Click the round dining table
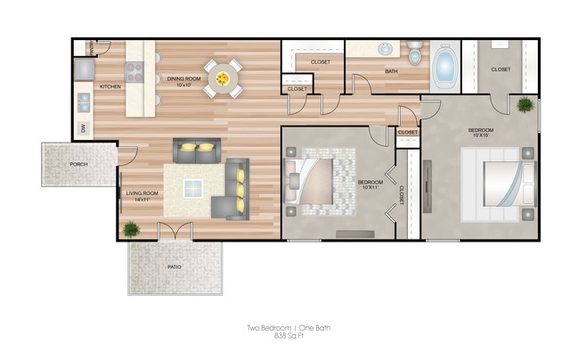[x=222, y=77]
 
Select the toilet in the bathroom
[x=414, y=53]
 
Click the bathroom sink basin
[x=387, y=48]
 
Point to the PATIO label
[x=175, y=266]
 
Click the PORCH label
[x=78, y=165]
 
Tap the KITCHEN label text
[x=110, y=86]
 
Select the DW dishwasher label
[x=83, y=129]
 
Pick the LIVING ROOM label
[x=141, y=193]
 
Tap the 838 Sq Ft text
[x=289, y=337]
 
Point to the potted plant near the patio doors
[x=131, y=229]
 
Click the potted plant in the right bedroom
[x=525, y=106]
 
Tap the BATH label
[x=391, y=70]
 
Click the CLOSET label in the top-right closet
[x=501, y=69]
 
